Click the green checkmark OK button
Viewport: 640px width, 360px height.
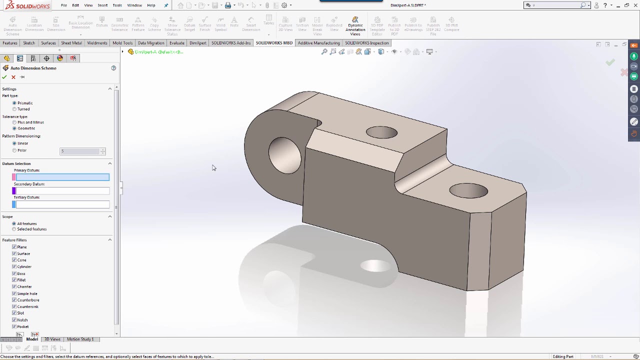coord(4,77)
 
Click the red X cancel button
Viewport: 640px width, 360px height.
coord(13,77)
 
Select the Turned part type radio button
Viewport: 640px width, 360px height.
coord(14,109)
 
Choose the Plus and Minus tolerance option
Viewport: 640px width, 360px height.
coord(14,122)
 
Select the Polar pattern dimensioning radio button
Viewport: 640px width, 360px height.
coord(14,150)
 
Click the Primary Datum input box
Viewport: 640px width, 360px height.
coord(62,177)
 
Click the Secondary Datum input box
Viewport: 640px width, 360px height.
coord(62,190)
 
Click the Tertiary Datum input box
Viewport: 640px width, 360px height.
coord(62,204)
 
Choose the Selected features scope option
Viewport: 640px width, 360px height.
coord(14,229)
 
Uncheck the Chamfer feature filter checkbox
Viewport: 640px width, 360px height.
coord(14,286)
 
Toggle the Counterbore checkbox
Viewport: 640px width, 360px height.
coord(14,300)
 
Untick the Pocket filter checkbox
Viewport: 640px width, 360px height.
coord(14,326)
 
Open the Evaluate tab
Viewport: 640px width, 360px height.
coord(176,43)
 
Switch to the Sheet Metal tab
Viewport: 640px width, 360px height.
coord(71,43)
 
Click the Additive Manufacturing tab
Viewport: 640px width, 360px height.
coord(318,43)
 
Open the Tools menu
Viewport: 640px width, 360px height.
coord(117,5)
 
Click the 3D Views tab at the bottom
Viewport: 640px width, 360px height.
coord(52,339)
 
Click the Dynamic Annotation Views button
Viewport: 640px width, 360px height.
coord(355,26)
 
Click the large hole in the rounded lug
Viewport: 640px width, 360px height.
coord(284,155)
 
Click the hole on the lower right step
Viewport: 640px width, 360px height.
coord(468,190)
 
